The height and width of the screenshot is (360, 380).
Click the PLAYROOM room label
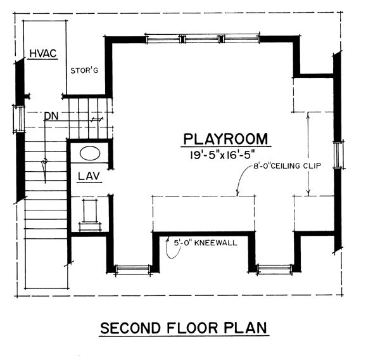coord(225,139)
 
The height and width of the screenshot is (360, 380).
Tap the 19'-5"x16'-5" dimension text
coord(222,155)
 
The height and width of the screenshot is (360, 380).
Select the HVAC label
coord(43,53)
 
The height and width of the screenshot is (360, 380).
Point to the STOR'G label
coord(84,70)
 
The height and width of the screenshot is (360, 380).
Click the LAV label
coord(89,176)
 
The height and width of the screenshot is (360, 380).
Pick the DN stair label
coord(51,117)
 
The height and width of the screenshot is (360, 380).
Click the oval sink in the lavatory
coord(90,153)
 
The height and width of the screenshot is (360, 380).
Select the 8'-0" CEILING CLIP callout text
coord(287,166)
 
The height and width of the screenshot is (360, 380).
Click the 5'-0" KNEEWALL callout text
coord(205,243)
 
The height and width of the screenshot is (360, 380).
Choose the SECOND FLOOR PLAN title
coord(184,328)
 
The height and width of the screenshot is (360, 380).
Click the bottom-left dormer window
coord(132,269)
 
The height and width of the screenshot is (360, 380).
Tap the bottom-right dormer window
coord(274,269)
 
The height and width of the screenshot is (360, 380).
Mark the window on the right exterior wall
coord(338,155)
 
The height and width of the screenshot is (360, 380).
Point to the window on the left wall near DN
coord(20,119)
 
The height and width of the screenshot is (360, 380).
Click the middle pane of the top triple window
coord(201,39)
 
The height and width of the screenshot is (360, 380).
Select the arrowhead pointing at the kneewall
coord(167,240)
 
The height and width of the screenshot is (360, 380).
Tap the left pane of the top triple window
coord(163,39)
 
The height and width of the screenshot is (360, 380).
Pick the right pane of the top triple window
coord(241,39)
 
